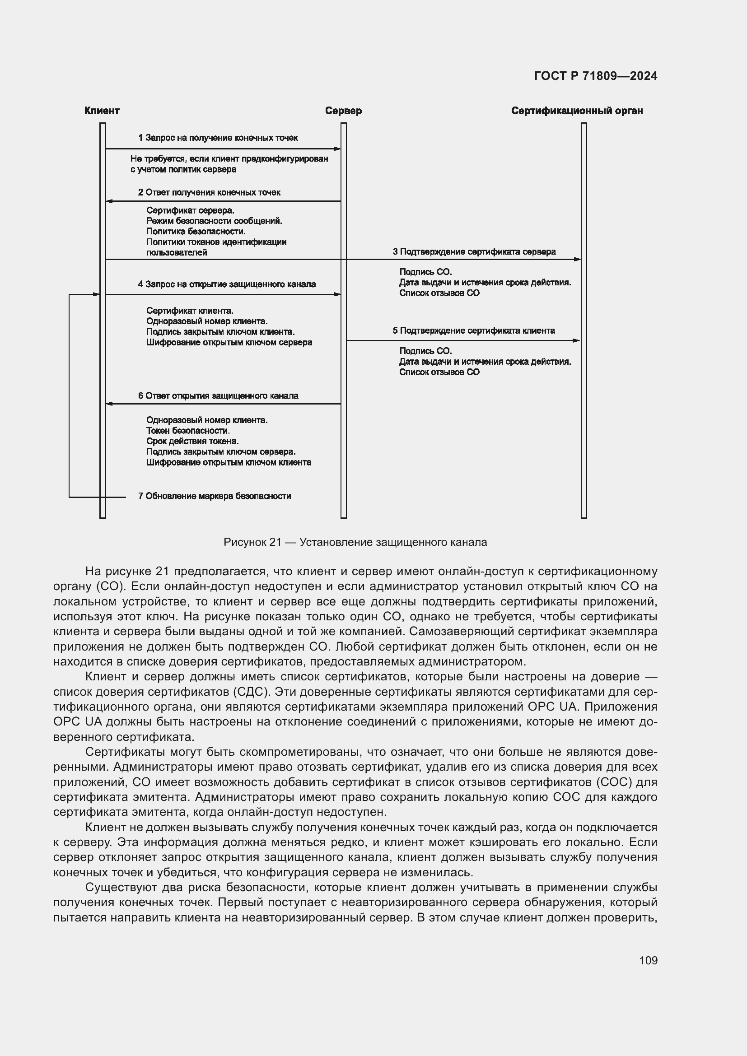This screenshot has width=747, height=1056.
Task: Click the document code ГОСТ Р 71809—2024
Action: pos(596,76)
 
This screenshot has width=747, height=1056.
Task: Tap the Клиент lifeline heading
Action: pos(102,111)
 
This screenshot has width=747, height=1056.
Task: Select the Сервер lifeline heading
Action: pos(343,111)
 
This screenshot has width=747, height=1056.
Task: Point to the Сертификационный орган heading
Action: pos(577,111)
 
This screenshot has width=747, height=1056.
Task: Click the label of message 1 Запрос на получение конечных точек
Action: pos(218,138)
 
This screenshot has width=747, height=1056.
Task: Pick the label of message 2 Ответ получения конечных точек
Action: pos(209,192)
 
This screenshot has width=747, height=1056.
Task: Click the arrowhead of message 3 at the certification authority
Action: pos(578,260)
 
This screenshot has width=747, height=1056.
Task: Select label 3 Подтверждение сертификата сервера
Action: pos(474,251)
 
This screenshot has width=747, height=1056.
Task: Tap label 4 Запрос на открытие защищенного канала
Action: pos(227,284)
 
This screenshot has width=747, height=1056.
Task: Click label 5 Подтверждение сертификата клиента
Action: pos(474,330)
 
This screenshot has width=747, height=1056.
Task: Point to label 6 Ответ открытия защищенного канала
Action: pos(218,396)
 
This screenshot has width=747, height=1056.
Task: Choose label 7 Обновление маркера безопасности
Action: pos(215,496)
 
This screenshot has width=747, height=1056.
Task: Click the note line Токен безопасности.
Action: pos(188,431)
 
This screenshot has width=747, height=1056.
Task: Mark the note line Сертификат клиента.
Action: pos(190,311)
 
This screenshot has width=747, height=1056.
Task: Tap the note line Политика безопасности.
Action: pos(196,231)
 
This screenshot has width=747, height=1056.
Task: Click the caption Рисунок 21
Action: pos(355,542)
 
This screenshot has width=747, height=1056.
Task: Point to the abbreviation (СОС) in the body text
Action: pos(612,782)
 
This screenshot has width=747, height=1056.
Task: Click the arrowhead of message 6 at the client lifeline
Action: pos(109,404)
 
